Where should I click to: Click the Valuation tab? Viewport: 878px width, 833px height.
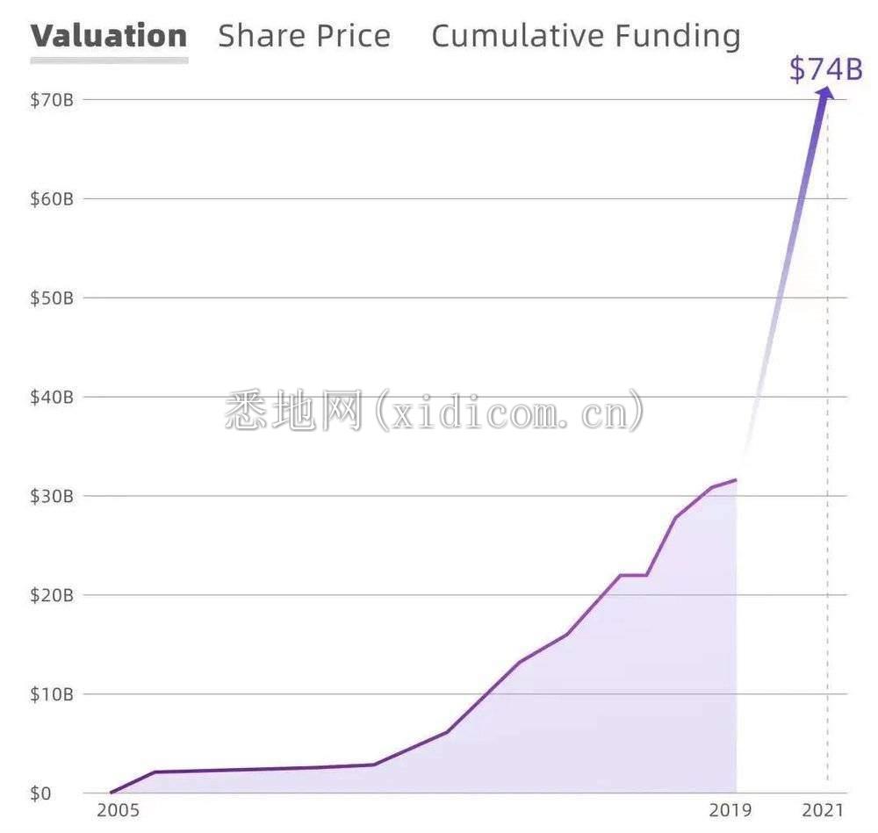coord(109,36)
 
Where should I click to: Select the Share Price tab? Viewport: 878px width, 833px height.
coord(304,36)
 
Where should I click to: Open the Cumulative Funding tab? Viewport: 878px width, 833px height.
coord(586,36)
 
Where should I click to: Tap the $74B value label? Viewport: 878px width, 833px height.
coord(825,68)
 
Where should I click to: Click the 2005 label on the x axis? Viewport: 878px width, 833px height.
coord(118,810)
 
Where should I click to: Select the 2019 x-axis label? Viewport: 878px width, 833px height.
coord(731,810)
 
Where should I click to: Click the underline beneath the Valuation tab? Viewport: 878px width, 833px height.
coord(109,61)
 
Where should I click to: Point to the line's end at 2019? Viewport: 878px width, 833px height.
coord(736,479)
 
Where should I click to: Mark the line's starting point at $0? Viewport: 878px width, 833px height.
coord(111,793)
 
